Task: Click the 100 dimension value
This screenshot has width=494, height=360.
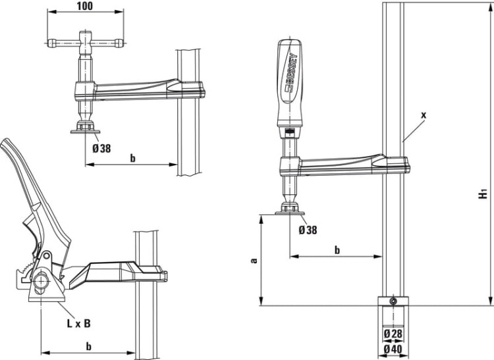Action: [x=84, y=6]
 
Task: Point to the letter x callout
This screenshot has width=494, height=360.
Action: [x=424, y=115]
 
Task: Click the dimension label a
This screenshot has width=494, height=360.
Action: [x=254, y=260]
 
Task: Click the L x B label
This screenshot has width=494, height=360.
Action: [x=78, y=323]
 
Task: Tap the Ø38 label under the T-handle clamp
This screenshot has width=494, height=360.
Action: [x=101, y=148]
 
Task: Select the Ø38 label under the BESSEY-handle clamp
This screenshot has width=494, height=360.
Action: [x=308, y=230]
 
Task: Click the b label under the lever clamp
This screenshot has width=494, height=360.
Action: [x=88, y=346]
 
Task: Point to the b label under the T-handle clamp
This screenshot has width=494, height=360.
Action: [x=132, y=158]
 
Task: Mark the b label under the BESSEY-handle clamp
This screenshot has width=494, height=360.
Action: [x=337, y=249]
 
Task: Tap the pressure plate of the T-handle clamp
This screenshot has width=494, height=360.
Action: [x=86, y=130]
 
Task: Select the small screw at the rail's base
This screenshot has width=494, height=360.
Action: [x=393, y=301]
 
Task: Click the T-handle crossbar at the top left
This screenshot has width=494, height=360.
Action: [x=84, y=44]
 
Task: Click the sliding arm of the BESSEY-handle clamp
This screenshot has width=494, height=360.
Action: [x=343, y=165]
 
